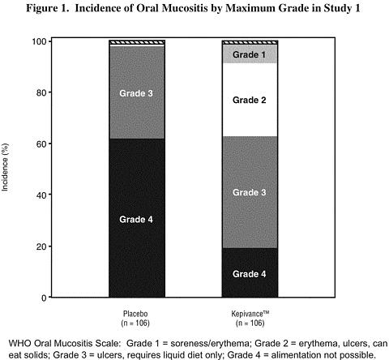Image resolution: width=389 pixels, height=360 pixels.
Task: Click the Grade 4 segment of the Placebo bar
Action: [137, 218]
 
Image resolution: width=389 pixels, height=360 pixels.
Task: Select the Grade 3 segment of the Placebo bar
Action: [137, 92]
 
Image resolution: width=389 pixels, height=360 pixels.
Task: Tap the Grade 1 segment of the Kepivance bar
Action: [250, 54]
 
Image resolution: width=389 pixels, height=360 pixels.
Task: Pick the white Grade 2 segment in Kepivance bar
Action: [250, 100]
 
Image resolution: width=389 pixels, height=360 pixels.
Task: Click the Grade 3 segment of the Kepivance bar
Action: [250, 192]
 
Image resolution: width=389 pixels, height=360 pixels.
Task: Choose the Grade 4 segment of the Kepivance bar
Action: [250, 272]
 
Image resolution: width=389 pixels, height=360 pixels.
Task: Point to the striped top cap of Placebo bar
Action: [137, 42]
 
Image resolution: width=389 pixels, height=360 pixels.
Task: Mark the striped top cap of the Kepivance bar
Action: [250, 42]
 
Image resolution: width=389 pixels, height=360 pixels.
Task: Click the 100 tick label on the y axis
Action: [40, 42]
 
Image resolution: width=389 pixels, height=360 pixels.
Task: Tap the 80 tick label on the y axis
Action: [41, 92]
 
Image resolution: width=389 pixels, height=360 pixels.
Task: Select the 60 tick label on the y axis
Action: [41, 144]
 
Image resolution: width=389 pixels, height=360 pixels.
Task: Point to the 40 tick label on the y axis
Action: [41, 195]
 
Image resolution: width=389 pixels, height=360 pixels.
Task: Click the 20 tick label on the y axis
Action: [41, 246]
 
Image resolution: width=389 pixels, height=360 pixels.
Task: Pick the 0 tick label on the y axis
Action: [45, 298]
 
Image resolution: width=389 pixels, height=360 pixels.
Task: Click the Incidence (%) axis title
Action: [5, 167]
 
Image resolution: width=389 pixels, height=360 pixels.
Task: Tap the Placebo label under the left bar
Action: [135, 314]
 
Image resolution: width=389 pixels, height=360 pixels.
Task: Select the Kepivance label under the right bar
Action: [250, 314]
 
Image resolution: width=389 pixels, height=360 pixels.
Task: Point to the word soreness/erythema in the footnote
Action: [210, 344]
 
